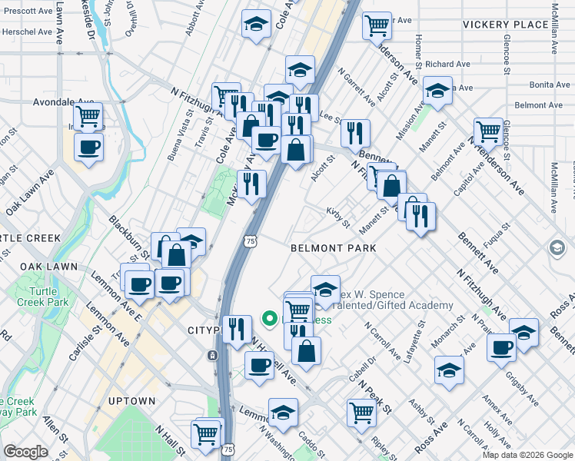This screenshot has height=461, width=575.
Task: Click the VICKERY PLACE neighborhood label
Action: (506, 25)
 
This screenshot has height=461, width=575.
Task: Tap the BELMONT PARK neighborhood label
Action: (334, 248)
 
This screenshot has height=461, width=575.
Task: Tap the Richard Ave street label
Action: (447, 65)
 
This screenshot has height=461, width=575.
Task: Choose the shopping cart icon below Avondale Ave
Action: (88, 117)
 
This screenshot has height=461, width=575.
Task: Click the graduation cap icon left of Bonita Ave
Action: (437, 91)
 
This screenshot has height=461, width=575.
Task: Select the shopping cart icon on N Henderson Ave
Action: (488, 131)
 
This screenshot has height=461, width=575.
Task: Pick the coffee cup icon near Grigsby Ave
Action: (501, 347)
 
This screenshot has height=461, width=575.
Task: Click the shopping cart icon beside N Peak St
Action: (361, 411)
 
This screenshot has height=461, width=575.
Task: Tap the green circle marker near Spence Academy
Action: (270, 317)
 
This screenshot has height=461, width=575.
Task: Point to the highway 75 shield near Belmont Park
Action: (251, 240)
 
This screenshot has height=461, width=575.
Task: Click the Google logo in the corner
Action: (25, 452)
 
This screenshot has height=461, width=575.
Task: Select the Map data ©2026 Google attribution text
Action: (527, 455)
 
